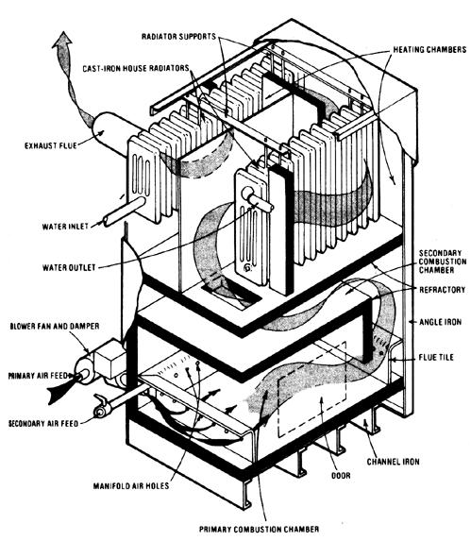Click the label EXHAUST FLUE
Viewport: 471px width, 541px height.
[51, 145]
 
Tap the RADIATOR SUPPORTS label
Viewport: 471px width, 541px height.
[178, 36]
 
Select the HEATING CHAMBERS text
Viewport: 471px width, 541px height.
[429, 50]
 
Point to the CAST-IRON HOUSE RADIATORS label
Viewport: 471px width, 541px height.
[136, 68]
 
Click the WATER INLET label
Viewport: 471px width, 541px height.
[65, 227]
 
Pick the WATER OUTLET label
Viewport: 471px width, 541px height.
[69, 267]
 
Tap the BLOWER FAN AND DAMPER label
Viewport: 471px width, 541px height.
[55, 326]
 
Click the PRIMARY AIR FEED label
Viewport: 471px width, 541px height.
[38, 376]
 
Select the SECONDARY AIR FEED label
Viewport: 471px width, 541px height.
[43, 423]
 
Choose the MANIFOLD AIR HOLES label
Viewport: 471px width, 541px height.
[131, 486]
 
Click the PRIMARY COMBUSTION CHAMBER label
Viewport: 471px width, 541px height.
[260, 529]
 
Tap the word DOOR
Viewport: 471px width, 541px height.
[341, 476]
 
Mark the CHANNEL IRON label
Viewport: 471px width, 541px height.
[393, 462]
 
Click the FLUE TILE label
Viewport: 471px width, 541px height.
[436, 357]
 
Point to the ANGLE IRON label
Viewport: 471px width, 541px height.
[440, 322]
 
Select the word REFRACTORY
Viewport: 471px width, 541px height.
[443, 290]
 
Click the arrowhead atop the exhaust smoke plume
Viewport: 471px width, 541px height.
[62, 38]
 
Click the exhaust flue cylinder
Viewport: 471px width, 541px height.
[115, 133]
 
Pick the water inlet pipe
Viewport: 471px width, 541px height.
[125, 211]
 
